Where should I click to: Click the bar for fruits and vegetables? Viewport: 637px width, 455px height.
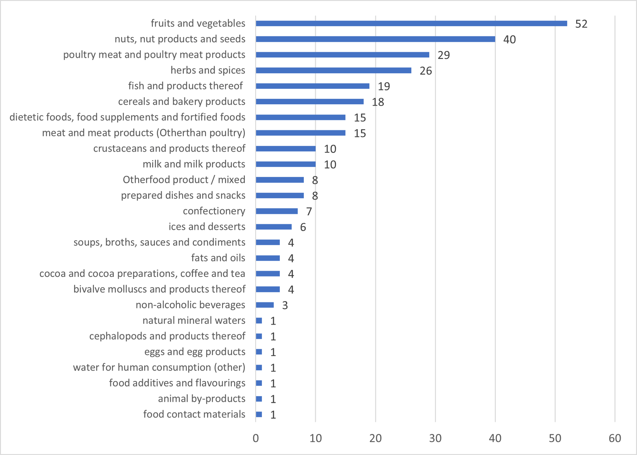(411, 24)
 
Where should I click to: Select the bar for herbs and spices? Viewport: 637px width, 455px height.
(334, 71)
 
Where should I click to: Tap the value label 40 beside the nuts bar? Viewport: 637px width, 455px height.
(510, 39)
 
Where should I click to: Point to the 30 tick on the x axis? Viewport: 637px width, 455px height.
(435, 438)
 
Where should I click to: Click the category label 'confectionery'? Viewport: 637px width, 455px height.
(214, 211)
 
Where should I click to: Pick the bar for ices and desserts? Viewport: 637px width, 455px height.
(274, 227)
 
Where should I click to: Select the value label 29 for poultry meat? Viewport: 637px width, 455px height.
(444, 55)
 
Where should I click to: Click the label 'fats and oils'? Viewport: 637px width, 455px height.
(218, 258)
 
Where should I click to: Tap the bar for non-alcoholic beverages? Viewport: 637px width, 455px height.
(265, 305)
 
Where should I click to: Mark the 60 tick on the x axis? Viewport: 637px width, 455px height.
(615, 438)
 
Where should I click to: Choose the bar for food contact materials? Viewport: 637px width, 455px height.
(259, 414)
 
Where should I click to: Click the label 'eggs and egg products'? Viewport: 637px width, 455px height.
(195, 352)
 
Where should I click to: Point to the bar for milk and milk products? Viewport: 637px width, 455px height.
(285, 164)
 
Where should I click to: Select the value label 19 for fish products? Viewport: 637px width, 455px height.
(384, 86)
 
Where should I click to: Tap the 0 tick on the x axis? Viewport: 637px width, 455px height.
(256, 438)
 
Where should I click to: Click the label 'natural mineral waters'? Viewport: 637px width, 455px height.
(194, 321)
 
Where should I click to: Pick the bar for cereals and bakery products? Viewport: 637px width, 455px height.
(309, 102)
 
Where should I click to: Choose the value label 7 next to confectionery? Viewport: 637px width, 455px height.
(309, 212)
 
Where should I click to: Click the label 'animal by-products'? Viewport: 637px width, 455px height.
(201, 399)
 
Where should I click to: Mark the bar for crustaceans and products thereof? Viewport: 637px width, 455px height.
(285, 149)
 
